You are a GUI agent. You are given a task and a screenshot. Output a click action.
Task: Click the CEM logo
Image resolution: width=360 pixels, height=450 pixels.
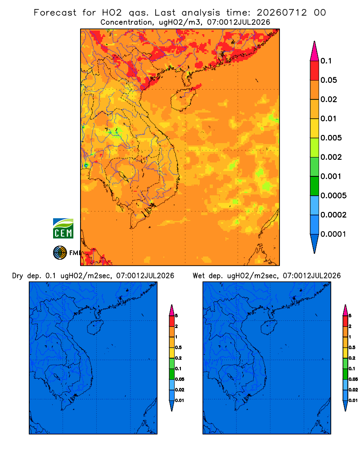point(63,228)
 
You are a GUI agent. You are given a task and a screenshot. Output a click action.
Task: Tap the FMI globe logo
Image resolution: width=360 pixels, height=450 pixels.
point(60,253)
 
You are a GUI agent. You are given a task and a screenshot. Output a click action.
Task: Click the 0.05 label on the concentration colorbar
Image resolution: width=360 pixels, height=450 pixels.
point(328,80)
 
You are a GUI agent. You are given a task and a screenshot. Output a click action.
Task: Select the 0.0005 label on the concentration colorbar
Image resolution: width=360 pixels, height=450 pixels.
point(333,196)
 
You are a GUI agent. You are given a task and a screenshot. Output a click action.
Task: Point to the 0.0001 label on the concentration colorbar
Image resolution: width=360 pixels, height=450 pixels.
point(333,234)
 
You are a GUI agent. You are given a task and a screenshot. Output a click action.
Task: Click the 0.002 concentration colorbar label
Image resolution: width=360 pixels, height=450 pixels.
point(331,157)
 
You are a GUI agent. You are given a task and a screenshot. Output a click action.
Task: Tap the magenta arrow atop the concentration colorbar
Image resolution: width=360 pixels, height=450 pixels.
point(315,51)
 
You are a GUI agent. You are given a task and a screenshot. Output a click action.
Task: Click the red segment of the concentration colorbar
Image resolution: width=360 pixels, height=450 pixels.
point(315,71)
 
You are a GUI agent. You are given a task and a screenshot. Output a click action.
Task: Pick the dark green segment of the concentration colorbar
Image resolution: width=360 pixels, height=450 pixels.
point(315,186)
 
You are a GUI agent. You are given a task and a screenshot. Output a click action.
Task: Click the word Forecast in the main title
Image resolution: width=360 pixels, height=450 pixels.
point(55,13)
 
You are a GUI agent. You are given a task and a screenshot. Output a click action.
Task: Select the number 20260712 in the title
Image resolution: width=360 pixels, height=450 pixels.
point(282,13)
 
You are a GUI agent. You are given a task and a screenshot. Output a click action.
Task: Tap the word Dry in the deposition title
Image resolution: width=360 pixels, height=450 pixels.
point(18,276)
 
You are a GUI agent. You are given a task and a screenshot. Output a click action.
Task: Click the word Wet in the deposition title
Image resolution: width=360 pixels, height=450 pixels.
point(198,276)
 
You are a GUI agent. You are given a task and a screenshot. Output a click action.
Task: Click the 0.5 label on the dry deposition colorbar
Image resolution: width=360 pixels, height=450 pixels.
point(178,347)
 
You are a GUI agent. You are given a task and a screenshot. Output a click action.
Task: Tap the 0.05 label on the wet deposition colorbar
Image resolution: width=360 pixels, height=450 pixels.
point(353,379)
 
